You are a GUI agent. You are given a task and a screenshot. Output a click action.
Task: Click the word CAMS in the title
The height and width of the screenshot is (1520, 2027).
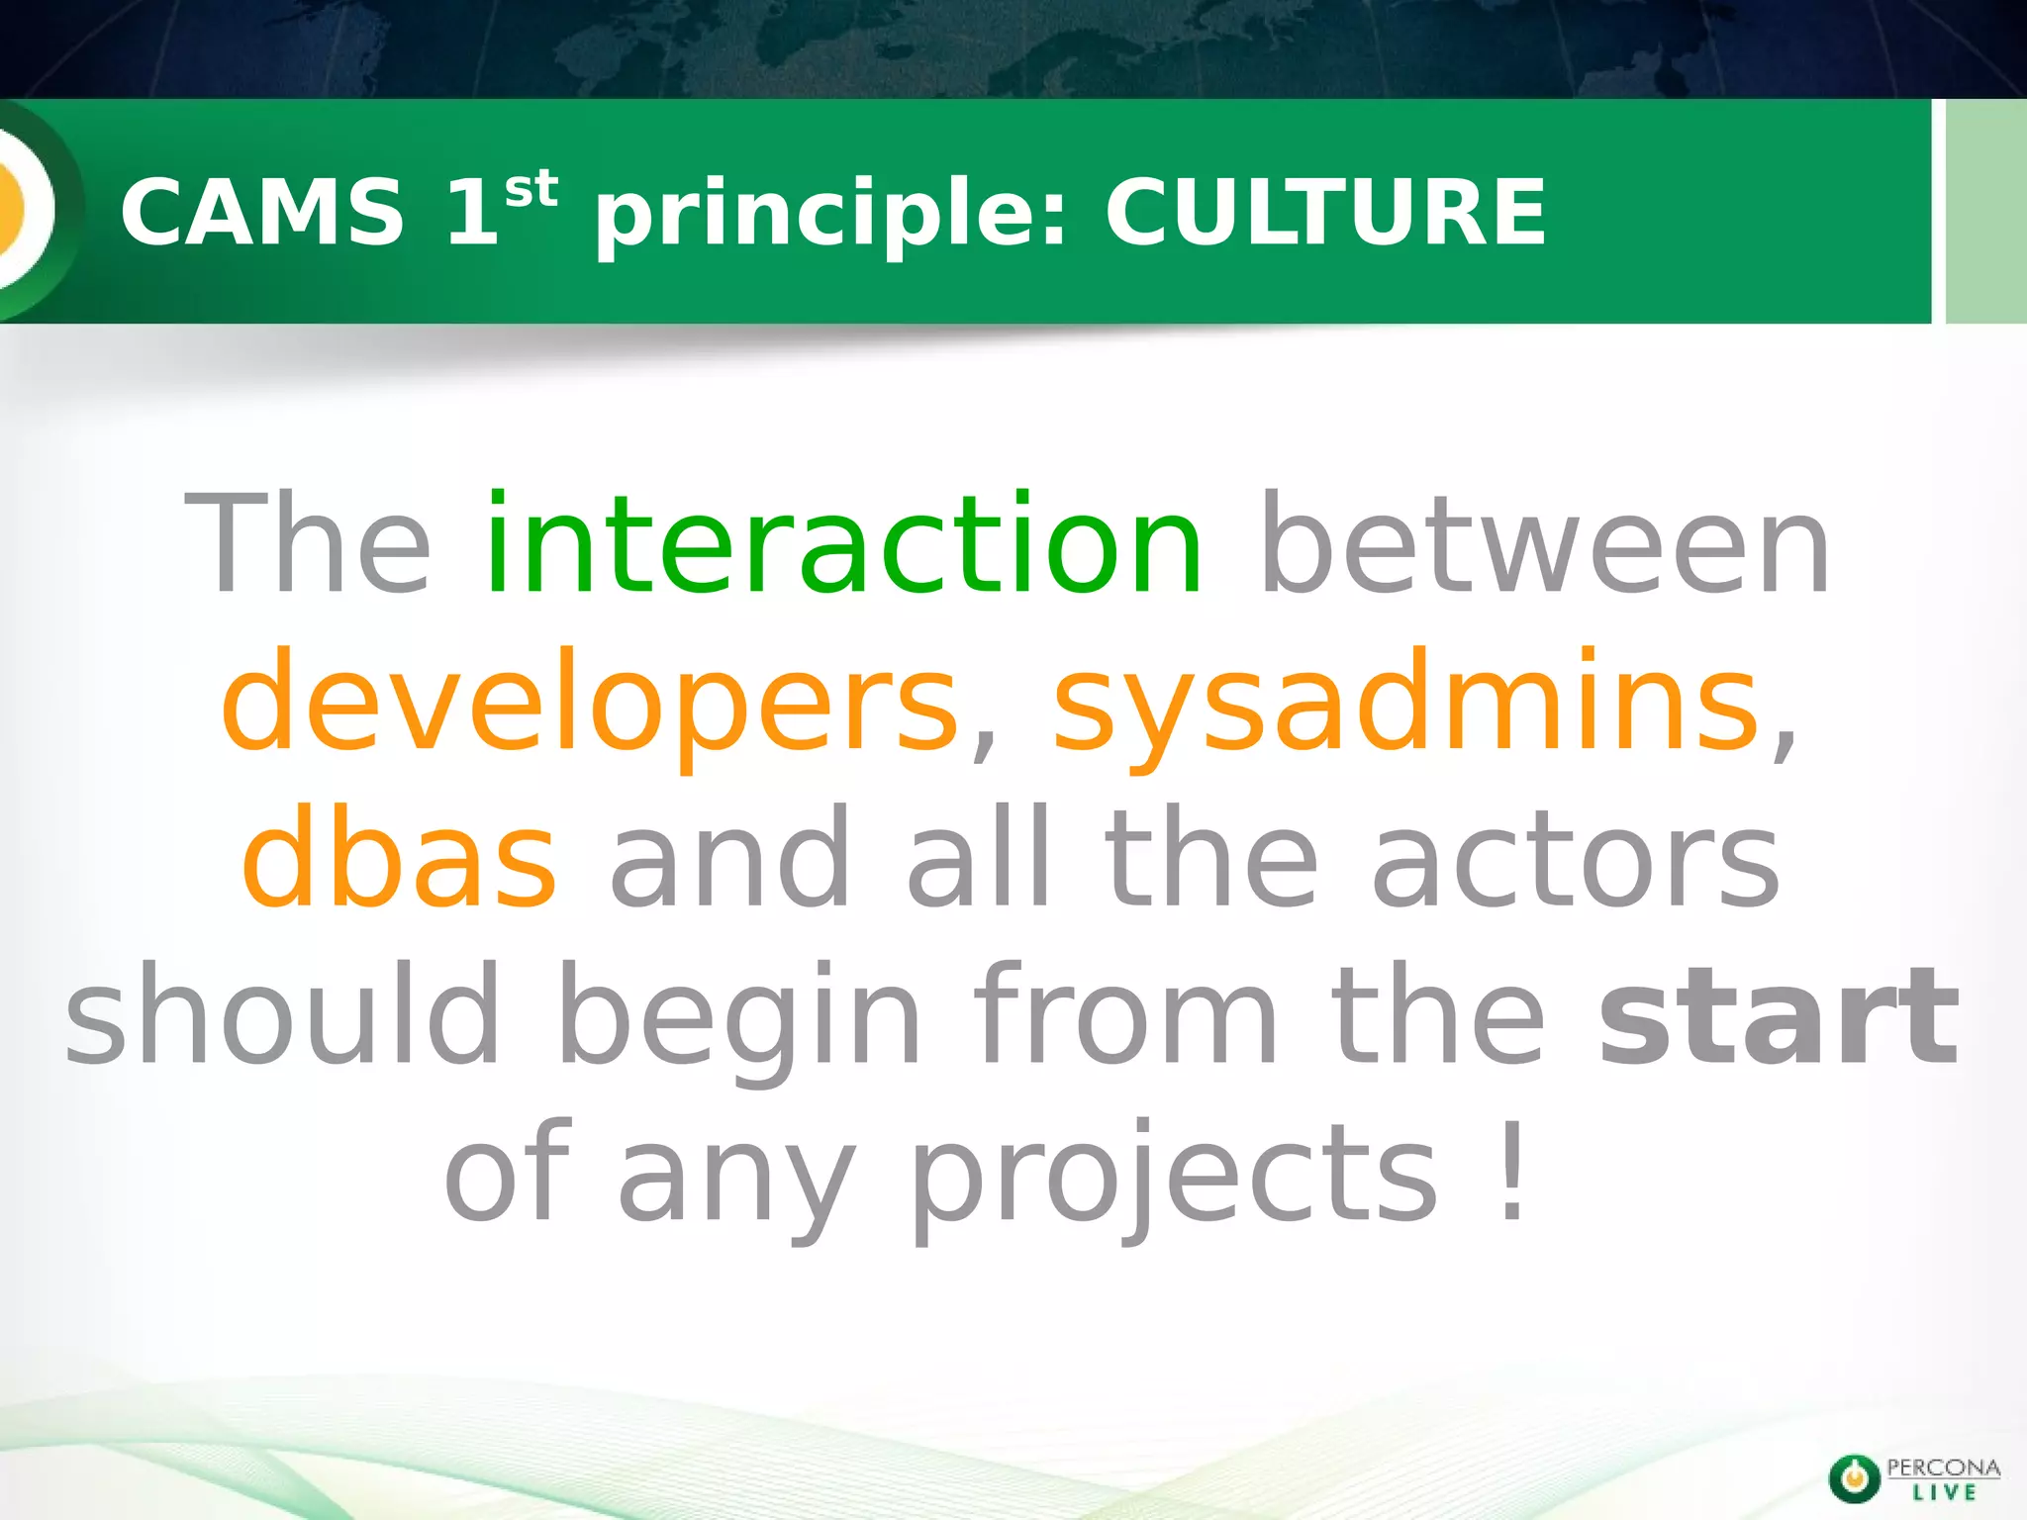tap(262, 213)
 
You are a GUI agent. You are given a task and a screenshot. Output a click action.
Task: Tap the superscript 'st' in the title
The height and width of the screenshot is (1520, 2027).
tap(531, 190)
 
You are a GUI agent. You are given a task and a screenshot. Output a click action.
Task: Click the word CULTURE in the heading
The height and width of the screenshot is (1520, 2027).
tap(1324, 213)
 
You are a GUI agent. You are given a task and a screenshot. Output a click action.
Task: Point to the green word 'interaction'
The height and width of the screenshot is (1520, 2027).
tap(844, 545)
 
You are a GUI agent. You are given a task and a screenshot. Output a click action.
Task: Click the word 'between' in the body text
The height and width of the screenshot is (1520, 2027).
tap(1545, 545)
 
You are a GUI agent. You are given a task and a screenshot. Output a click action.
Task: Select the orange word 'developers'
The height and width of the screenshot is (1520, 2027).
tap(590, 703)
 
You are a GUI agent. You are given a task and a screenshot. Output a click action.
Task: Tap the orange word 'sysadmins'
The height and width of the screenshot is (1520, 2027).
tap(1406, 703)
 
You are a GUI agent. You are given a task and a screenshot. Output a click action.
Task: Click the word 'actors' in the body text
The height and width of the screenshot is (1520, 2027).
tap(1575, 861)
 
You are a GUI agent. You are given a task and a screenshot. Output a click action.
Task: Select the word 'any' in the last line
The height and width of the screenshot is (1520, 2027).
tap(736, 1183)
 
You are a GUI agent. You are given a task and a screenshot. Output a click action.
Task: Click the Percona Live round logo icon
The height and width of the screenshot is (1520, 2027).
tap(1854, 1477)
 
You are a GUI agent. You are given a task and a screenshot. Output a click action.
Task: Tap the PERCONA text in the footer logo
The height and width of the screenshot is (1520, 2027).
tap(1943, 1468)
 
